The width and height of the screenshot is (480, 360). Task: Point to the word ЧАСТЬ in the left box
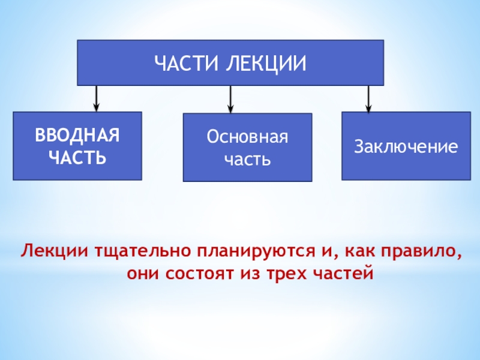(77, 158)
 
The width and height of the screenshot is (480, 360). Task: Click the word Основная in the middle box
(247, 137)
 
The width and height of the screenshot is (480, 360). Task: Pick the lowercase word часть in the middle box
(247, 160)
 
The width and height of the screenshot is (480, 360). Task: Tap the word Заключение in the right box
(406, 146)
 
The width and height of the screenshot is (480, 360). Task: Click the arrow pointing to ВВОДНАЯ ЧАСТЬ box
(96, 98)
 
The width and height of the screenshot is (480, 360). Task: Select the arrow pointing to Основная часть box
(231, 99)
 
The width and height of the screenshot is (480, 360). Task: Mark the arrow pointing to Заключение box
(369, 98)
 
